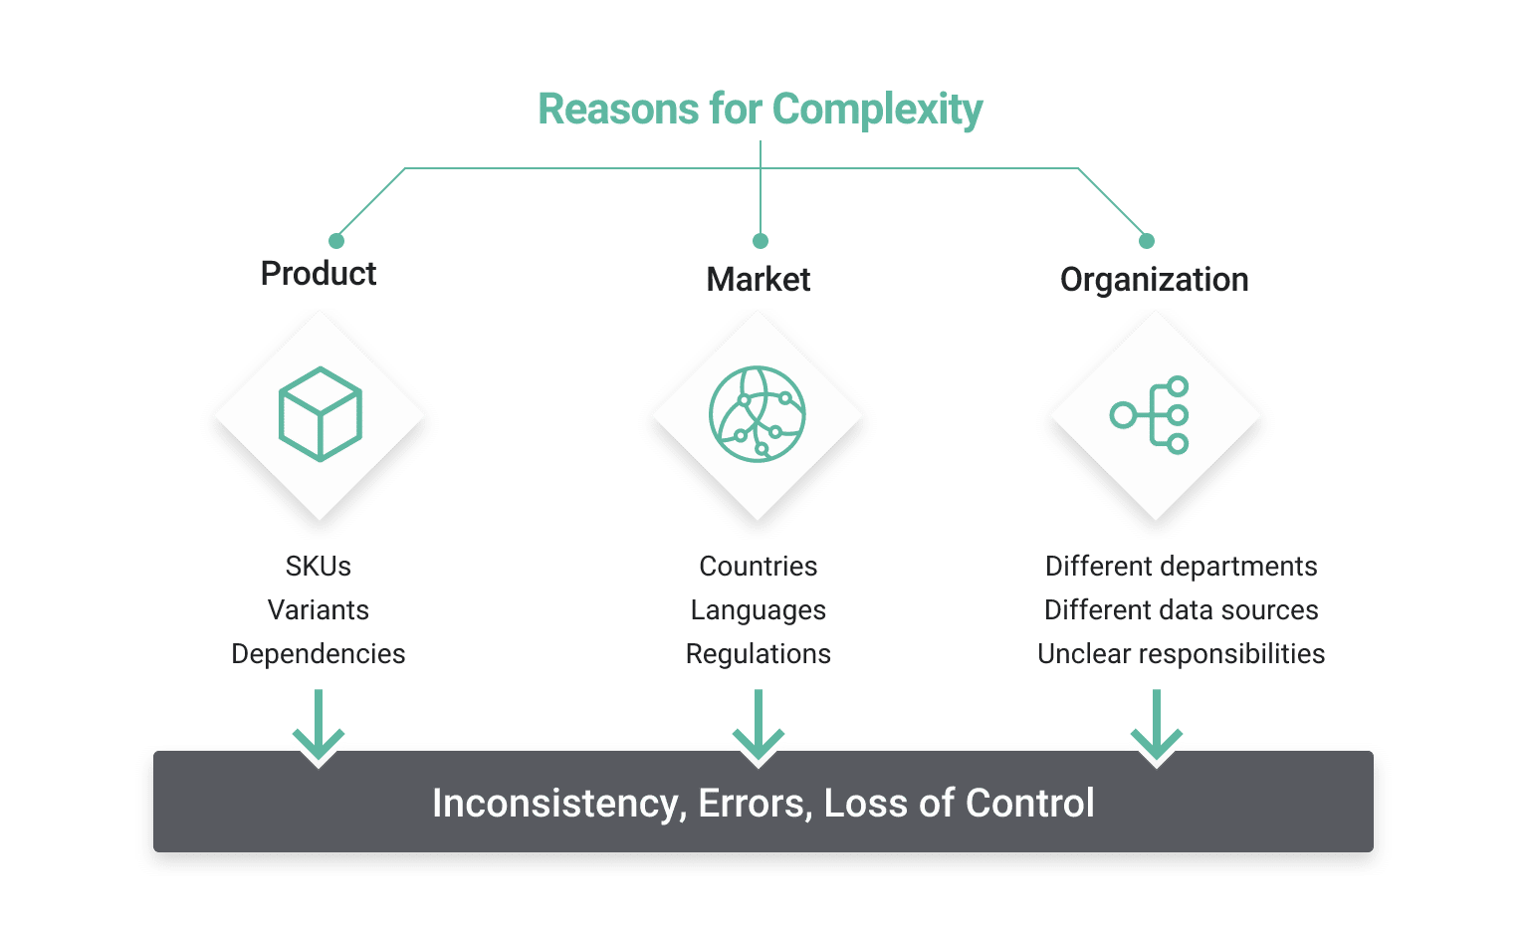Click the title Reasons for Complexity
(760, 109)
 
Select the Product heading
(319, 273)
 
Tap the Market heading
(759, 279)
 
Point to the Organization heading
(1154, 280)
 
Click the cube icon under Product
(320, 414)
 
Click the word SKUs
(319, 566)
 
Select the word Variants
(319, 609)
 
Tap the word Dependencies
(319, 653)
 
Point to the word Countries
(759, 566)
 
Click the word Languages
(759, 609)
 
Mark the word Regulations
(759, 653)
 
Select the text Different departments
(1182, 566)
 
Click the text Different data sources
(1182, 609)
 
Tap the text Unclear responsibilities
(1182, 653)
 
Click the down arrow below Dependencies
(319, 726)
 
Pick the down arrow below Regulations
(759, 726)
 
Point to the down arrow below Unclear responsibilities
(1156, 726)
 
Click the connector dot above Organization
(1147, 241)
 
